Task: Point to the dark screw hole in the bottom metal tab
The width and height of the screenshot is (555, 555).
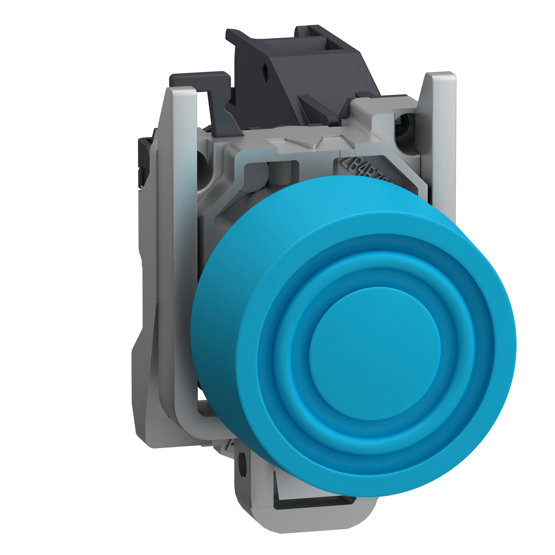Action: click(x=242, y=459)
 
